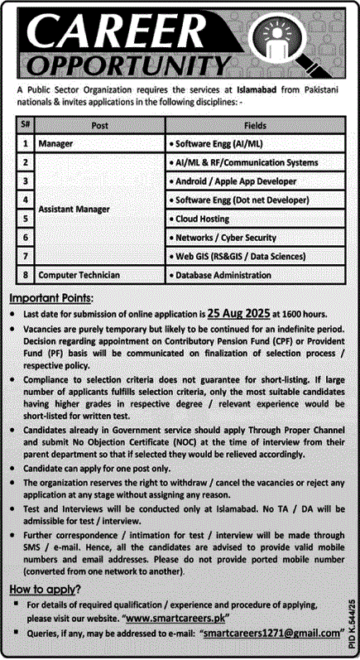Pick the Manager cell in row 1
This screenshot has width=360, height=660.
click(x=58, y=143)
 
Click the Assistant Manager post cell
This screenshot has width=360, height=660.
click(x=77, y=210)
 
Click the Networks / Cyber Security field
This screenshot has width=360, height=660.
click(x=226, y=238)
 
